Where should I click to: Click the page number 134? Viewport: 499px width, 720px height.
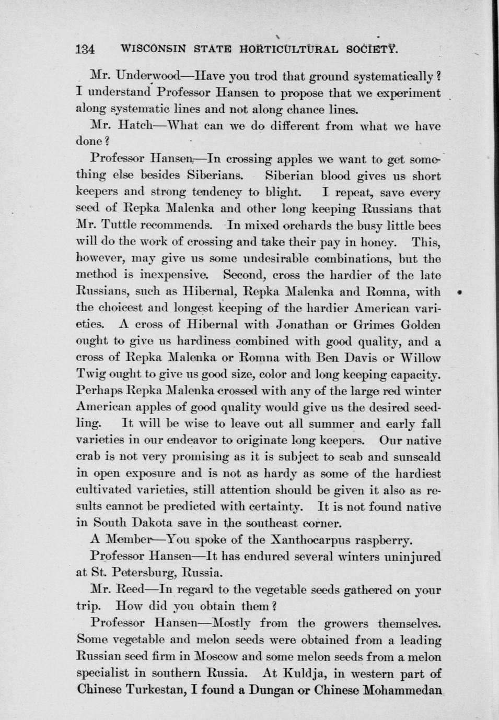84,50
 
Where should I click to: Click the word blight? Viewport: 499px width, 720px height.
282,192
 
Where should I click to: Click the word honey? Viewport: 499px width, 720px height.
377,242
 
